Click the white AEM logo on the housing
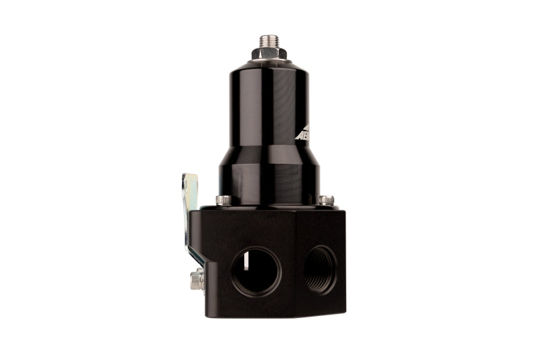[302, 132]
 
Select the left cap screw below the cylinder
[223, 200]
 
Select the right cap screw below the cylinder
[326, 200]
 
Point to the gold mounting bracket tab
[189, 193]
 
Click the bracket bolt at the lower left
[197, 279]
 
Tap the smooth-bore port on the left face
[255, 271]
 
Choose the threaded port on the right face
[321, 269]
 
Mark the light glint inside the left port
[246, 261]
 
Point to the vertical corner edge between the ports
[296, 264]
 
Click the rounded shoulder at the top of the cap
[268, 67]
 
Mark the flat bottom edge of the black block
[270, 316]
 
